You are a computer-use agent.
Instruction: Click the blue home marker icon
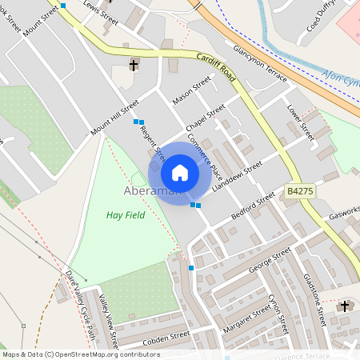180,173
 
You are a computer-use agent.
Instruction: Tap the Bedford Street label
253,205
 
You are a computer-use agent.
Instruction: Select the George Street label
270,261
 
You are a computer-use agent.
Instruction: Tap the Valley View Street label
108,319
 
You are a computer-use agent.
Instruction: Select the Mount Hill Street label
115,118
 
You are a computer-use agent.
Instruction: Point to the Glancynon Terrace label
260,54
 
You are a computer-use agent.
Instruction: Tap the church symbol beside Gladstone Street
345,306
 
